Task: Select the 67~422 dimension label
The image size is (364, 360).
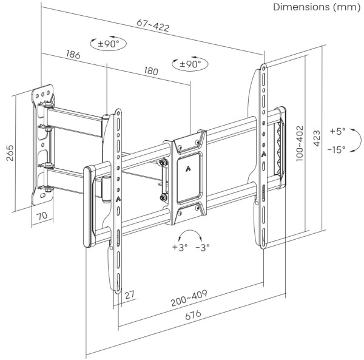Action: pyautogui.click(x=152, y=24)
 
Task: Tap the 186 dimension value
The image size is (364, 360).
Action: pyautogui.click(x=73, y=55)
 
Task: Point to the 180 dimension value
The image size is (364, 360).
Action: pyautogui.click(x=150, y=71)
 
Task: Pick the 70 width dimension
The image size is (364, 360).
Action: pyautogui.click(x=42, y=216)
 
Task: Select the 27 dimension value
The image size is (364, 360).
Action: pyautogui.click(x=129, y=295)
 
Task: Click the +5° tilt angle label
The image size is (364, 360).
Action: pyautogui.click(x=337, y=131)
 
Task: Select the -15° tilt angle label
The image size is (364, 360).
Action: pyautogui.click(x=336, y=149)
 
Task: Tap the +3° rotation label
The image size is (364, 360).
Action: pyautogui.click(x=180, y=247)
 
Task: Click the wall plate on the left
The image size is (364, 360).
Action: pyautogui.click(x=43, y=143)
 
